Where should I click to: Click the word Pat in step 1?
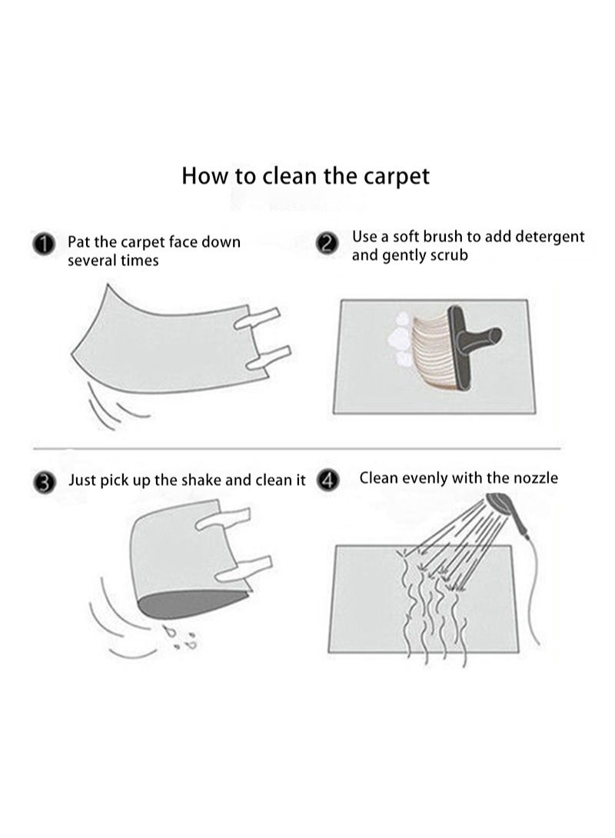(79, 242)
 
